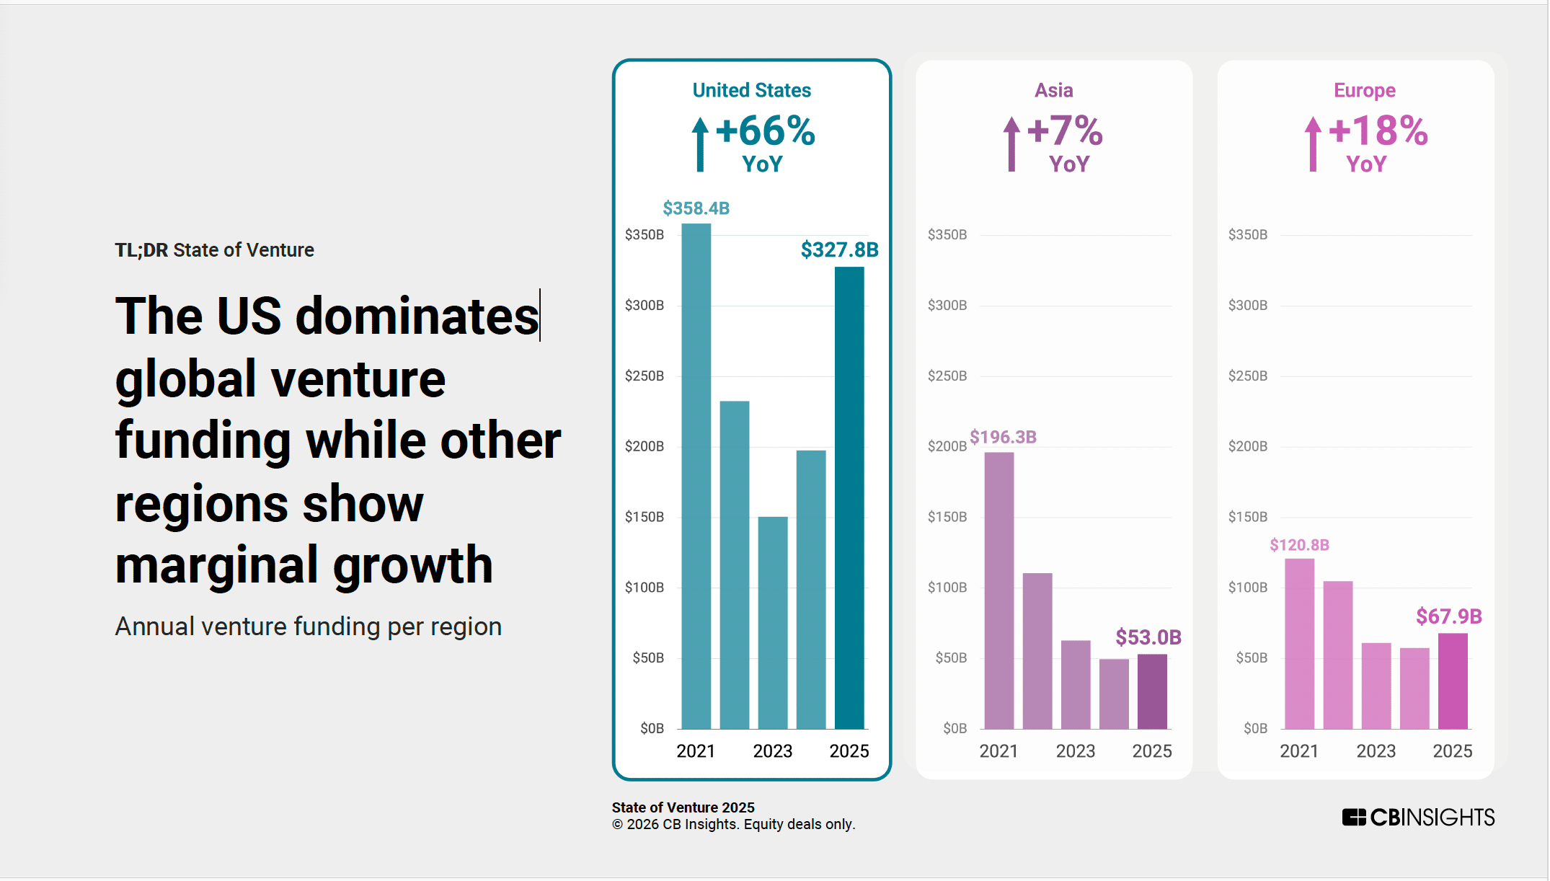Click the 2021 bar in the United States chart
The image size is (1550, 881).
(x=696, y=476)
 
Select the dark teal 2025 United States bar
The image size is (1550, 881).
(x=849, y=497)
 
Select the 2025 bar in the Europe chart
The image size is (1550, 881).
(x=1453, y=681)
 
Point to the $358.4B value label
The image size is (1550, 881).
(x=696, y=208)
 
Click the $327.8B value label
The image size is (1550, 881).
(x=839, y=250)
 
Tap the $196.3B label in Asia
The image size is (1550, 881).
(x=1003, y=437)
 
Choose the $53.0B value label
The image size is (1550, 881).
(x=1148, y=637)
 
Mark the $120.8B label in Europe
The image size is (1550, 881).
(x=1299, y=545)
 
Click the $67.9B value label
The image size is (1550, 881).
(x=1449, y=616)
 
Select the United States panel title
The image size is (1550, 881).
(x=751, y=90)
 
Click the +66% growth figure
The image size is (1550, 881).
(x=765, y=131)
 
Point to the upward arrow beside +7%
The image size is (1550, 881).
(x=1011, y=144)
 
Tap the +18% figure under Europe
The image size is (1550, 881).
(x=1378, y=131)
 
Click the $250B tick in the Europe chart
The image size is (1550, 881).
(x=1247, y=376)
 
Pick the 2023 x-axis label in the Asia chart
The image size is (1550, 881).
(x=1075, y=751)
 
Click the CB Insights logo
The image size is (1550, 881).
(x=1418, y=818)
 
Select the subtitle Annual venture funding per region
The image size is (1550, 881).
(x=309, y=627)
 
